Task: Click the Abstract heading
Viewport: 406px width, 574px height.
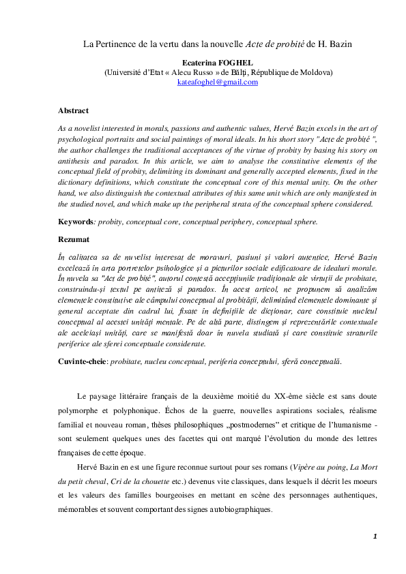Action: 73,110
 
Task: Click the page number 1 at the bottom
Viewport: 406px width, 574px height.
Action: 375,537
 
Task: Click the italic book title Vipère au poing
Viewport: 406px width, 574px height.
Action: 319,467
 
